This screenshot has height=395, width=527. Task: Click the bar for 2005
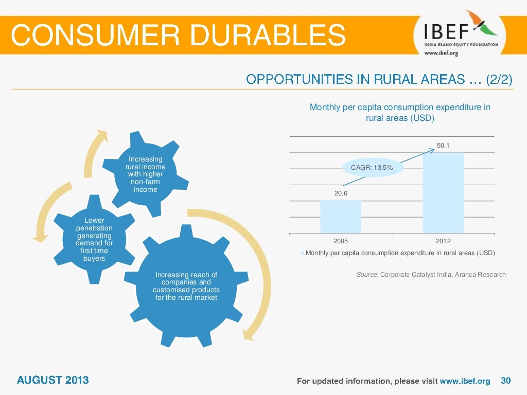(x=340, y=216)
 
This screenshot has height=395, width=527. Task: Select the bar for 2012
(x=443, y=192)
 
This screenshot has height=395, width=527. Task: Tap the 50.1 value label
(x=443, y=146)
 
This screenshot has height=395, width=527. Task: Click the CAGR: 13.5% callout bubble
(x=372, y=167)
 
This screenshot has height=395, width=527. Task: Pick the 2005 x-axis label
(x=341, y=241)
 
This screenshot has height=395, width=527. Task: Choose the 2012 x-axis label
(x=443, y=241)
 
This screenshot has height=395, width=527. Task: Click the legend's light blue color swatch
(x=303, y=253)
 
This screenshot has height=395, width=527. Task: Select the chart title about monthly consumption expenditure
(x=400, y=113)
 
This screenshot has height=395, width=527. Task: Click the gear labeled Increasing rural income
(x=146, y=174)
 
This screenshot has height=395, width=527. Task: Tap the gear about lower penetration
(x=94, y=239)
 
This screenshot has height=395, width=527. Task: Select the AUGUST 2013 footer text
(x=52, y=380)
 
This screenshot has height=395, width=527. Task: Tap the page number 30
(x=505, y=381)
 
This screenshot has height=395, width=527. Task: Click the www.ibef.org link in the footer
(x=465, y=381)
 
